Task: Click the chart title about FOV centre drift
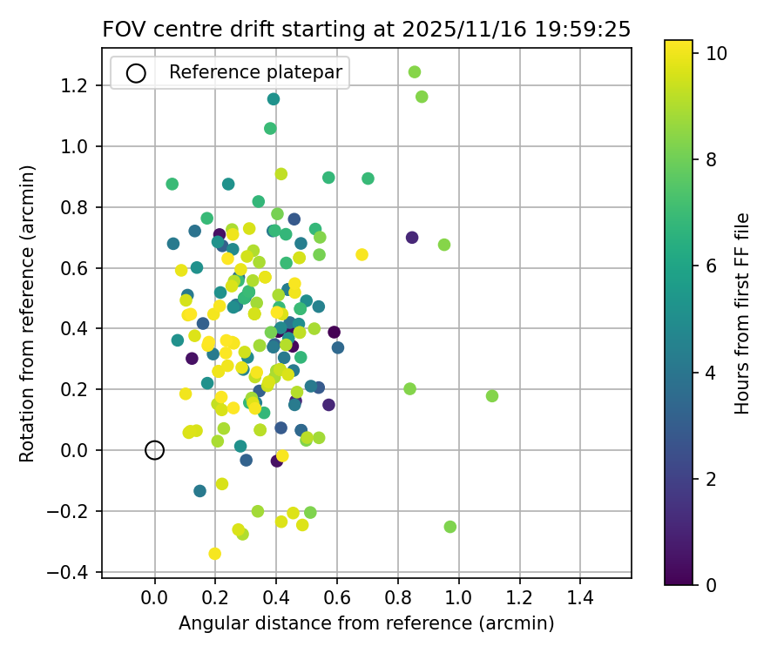coord(366,29)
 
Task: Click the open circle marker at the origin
coord(154,450)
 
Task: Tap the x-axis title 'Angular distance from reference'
coord(366,623)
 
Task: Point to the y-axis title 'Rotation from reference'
coord(27,313)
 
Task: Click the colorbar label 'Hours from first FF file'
coord(742,313)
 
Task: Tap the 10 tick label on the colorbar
coord(716,53)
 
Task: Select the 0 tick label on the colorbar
coord(711,585)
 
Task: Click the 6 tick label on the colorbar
coord(711,266)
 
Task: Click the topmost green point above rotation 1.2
coord(415,72)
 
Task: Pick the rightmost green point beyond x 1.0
coord(492,396)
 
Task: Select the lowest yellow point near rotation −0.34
coord(214,554)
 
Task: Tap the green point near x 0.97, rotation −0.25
coord(450,527)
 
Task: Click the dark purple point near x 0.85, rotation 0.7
coord(412,238)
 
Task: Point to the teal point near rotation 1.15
coord(274,99)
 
